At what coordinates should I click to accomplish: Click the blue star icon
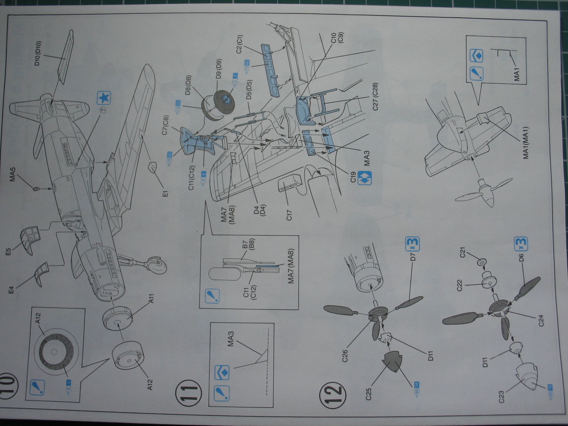[104, 98]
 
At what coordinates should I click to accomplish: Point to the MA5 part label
[13, 175]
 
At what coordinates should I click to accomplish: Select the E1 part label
[165, 192]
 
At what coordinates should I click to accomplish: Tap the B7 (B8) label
[248, 245]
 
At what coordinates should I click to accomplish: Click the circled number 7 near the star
[103, 110]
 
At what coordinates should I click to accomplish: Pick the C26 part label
[345, 356]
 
